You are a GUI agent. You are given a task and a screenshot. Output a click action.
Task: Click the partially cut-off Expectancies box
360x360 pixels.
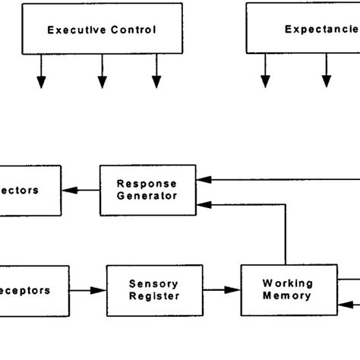point(304,30)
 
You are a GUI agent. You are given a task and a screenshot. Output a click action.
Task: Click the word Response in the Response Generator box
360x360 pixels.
point(147,184)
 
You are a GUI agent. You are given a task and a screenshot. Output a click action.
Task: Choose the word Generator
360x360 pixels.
point(147,195)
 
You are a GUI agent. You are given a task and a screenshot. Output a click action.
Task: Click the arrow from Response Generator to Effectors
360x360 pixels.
point(81,190)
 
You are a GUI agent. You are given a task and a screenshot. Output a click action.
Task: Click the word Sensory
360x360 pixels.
point(154,284)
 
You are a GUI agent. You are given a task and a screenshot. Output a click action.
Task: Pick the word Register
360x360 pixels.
point(154,296)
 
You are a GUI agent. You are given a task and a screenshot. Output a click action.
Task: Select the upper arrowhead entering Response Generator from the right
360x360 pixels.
point(201,181)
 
